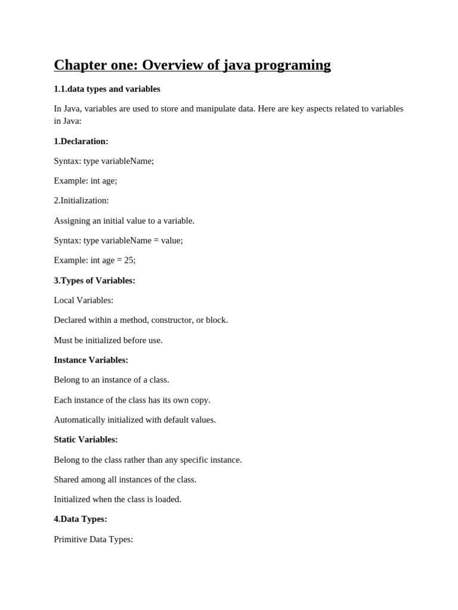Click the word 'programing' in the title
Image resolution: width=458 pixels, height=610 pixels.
[x=293, y=66]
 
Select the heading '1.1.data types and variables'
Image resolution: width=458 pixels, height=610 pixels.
[x=107, y=89]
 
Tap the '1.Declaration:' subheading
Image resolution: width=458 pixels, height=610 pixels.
[x=81, y=141]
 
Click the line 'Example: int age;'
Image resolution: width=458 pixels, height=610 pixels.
[x=85, y=180]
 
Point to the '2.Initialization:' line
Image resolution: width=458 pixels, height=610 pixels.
[x=81, y=201]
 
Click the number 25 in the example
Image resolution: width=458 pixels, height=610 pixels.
[x=129, y=260]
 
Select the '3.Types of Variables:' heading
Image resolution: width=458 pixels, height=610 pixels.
[x=94, y=281]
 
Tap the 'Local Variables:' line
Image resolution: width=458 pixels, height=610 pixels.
[x=83, y=300]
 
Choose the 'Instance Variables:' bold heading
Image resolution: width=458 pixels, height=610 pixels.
[x=91, y=360]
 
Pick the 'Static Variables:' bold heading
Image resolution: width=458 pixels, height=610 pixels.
[x=86, y=440]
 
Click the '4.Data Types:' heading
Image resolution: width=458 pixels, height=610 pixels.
[x=81, y=519]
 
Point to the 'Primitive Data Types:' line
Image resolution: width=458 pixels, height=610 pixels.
[x=94, y=539]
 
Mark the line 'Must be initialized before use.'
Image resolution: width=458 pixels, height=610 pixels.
[x=108, y=340]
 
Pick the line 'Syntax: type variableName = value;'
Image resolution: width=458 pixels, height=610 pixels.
[x=118, y=241]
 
